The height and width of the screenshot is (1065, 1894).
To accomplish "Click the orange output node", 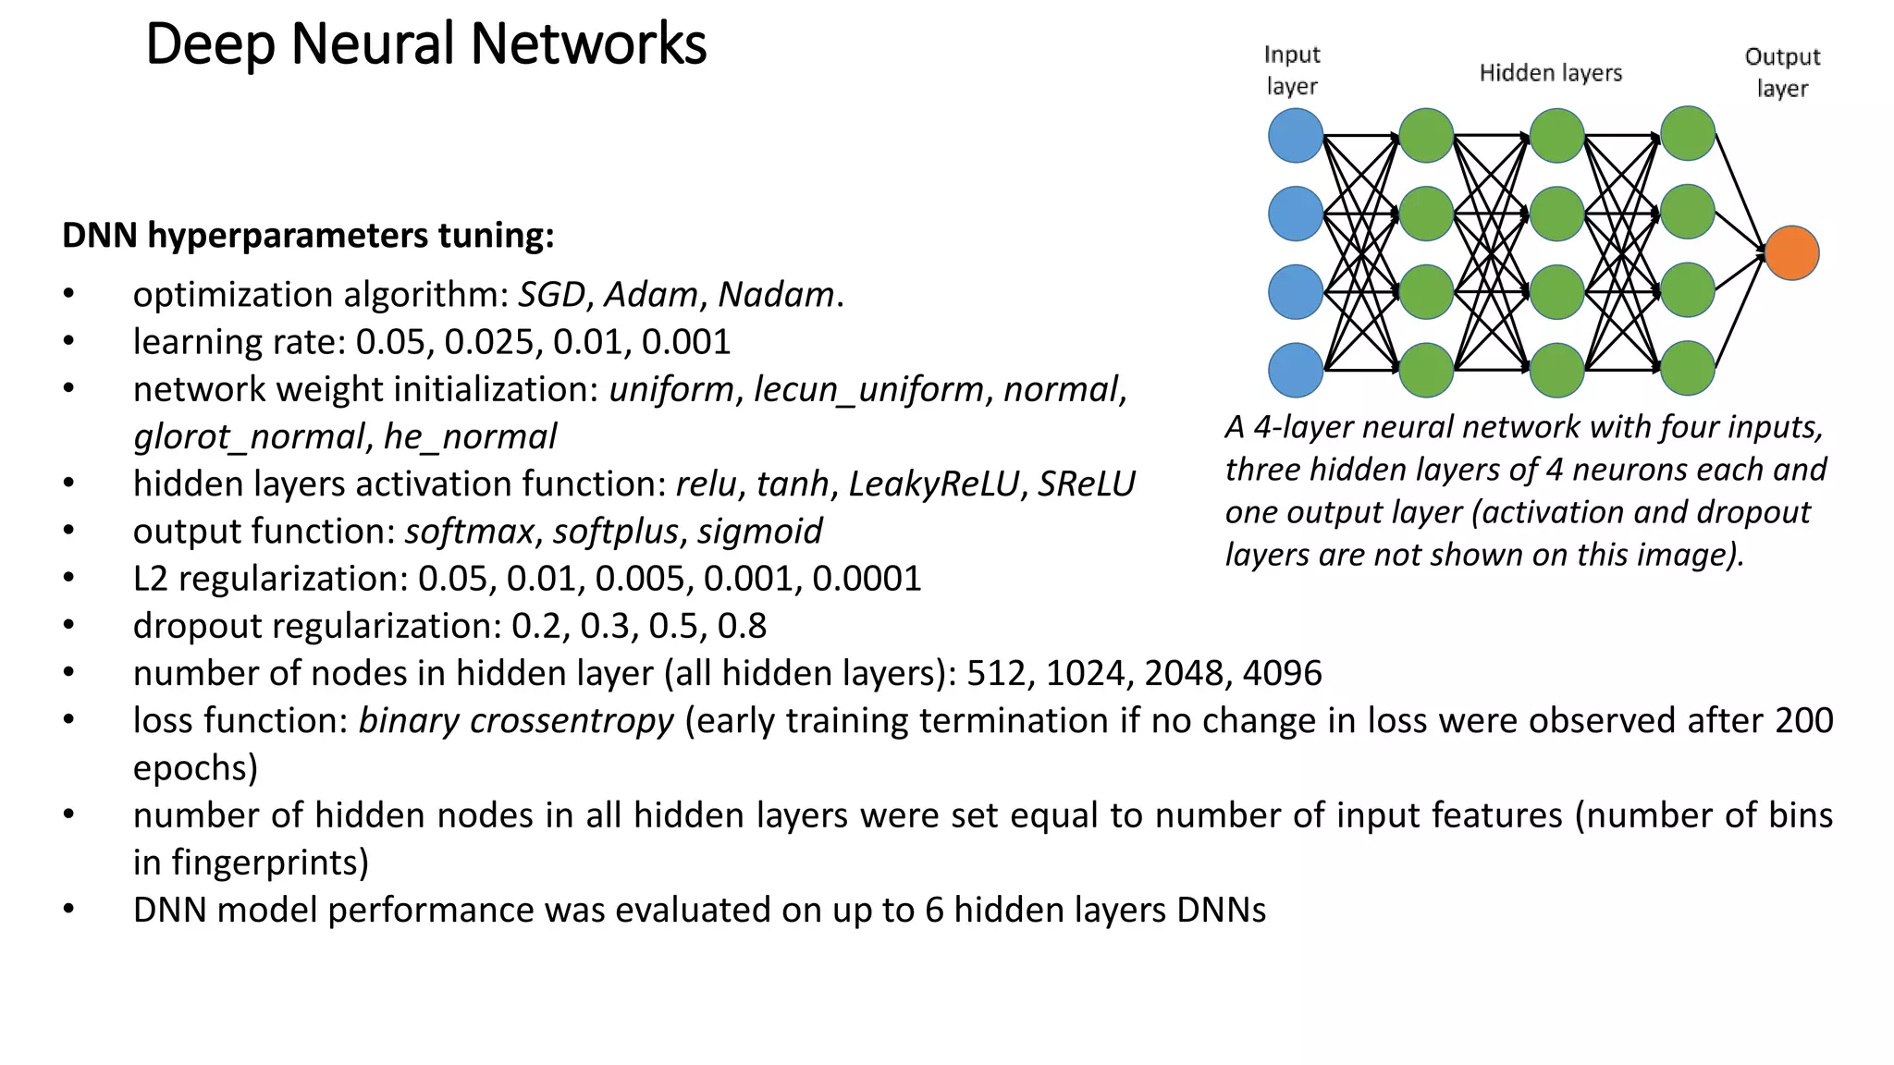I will point(1791,253).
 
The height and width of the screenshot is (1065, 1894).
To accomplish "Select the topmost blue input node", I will point(1295,136).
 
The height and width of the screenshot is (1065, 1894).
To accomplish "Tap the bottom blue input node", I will point(1295,370).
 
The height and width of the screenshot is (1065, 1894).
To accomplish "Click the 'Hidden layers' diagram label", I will point(1550,73).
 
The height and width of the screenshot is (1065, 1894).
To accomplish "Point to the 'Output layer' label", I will point(1781,72).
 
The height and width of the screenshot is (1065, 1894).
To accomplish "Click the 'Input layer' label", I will point(1291,70).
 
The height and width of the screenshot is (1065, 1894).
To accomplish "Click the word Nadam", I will point(776,295).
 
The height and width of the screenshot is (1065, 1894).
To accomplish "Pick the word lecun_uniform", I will point(868,389).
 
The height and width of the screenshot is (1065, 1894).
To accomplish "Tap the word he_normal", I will point(470,436).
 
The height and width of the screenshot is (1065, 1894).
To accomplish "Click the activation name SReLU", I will point(1086,484).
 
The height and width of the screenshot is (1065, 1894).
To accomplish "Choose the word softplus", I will point(615,532).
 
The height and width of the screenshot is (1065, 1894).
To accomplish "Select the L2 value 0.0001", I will point(867,579).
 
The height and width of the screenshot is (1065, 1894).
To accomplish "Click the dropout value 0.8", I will point(742,626).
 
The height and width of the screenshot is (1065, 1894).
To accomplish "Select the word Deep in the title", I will point(210,44).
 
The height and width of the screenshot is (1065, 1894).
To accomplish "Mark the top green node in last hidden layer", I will point(1688,134).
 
